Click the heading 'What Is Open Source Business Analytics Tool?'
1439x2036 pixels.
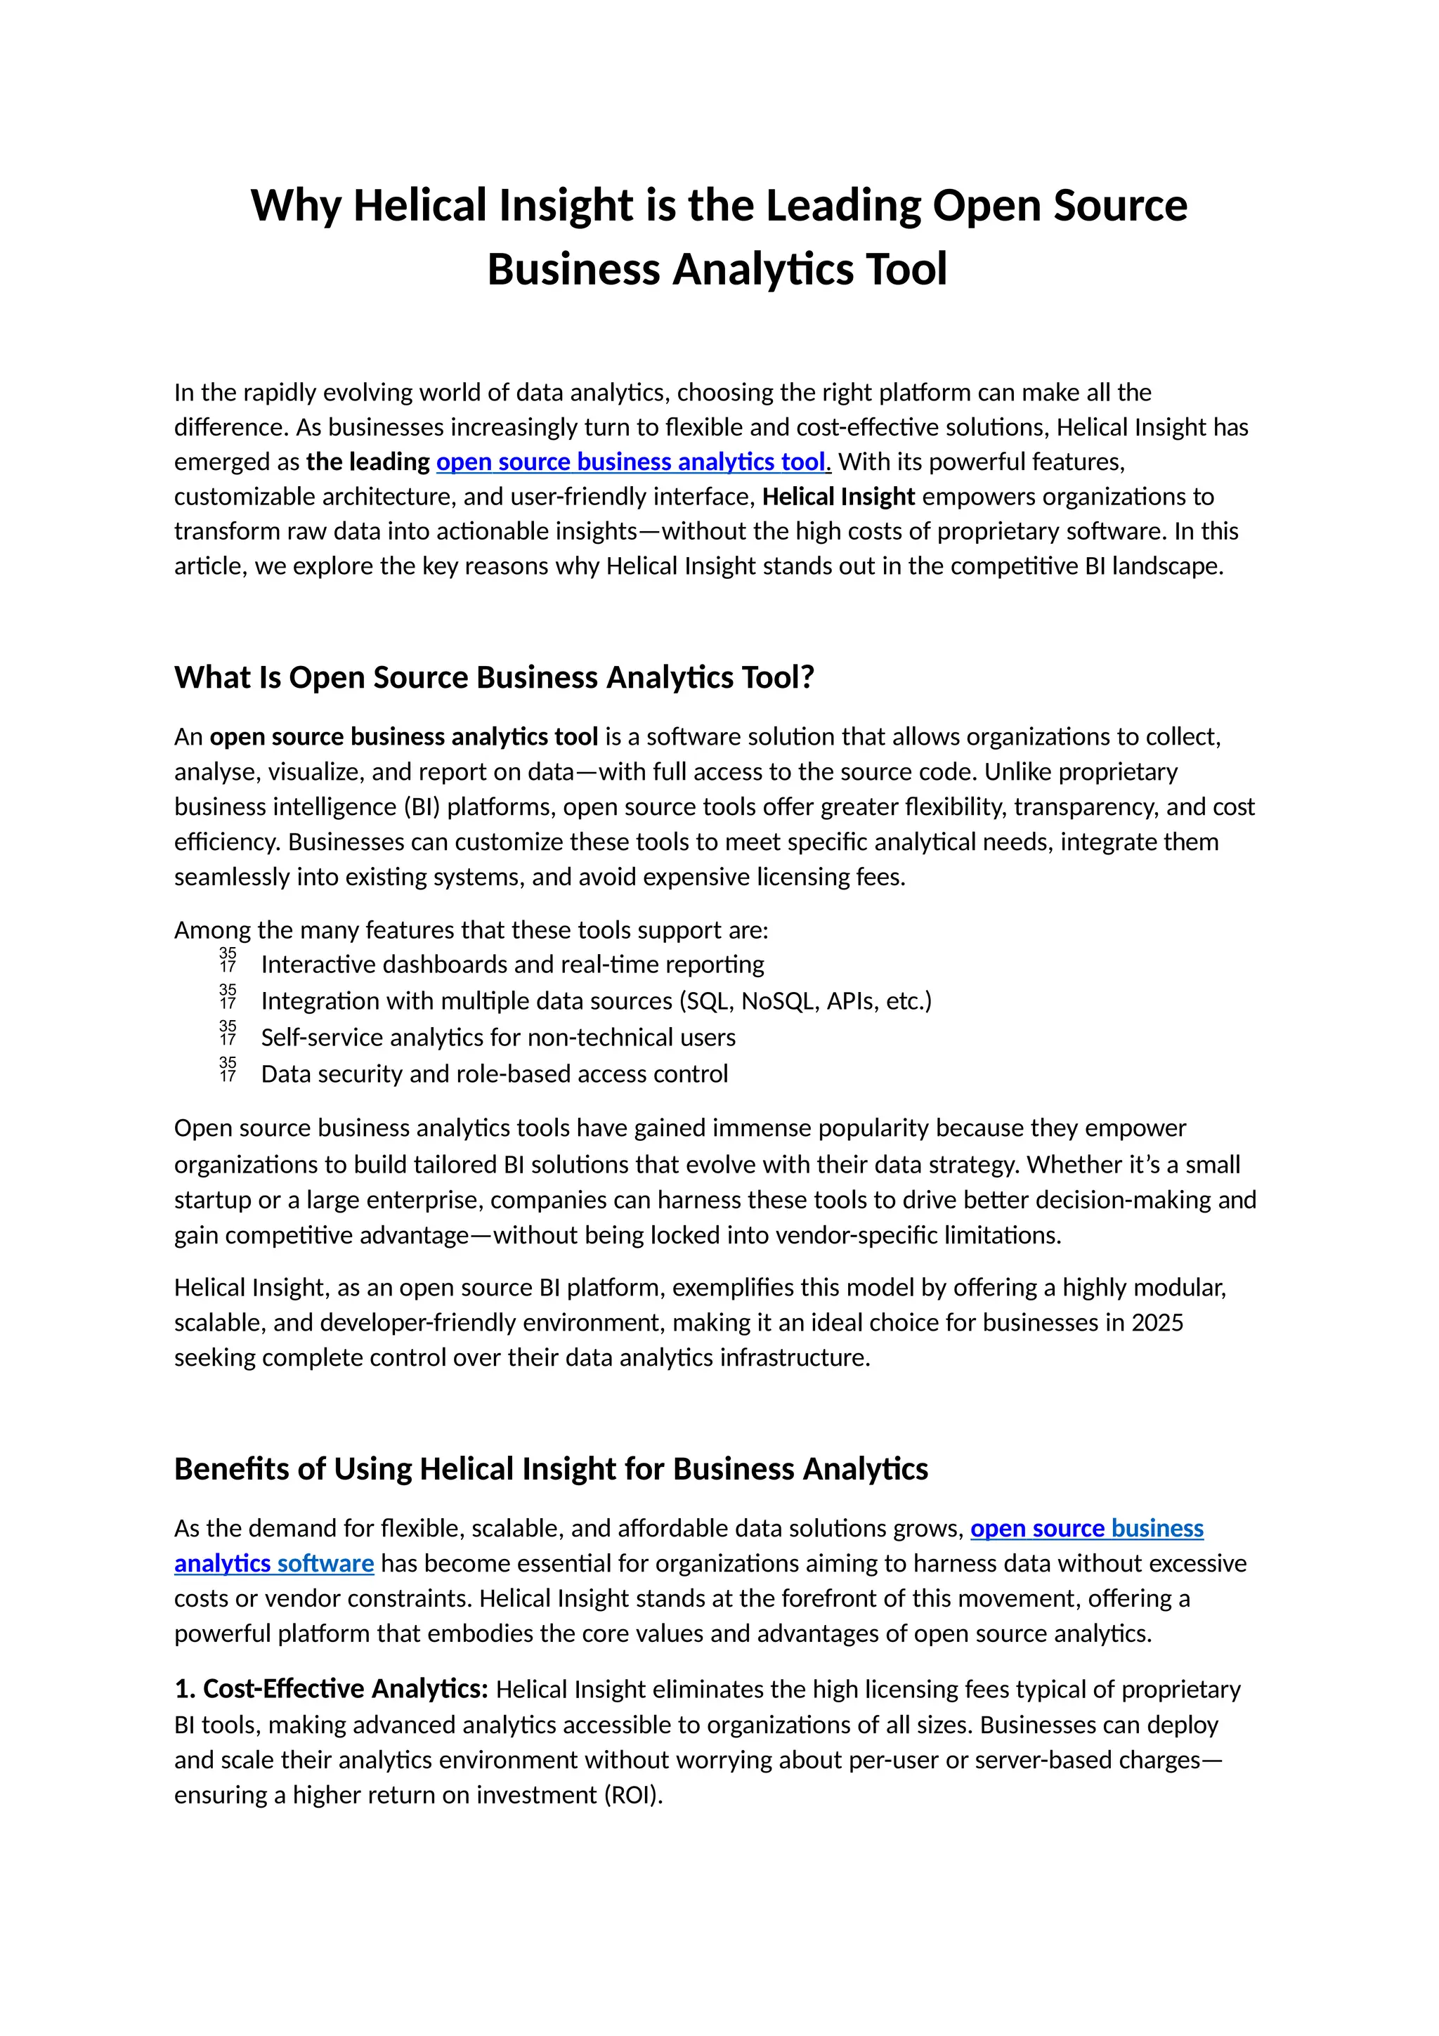pos(494,677)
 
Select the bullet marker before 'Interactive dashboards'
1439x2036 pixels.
pos(228,960)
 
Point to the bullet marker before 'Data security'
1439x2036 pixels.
pos(228,1069)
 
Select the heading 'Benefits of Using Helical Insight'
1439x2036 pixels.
pos(551,1469)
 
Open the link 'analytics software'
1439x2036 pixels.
pos(274,1563)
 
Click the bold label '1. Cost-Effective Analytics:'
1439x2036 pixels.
pos(332,1689)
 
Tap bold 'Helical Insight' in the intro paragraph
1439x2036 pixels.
pos(838,497)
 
